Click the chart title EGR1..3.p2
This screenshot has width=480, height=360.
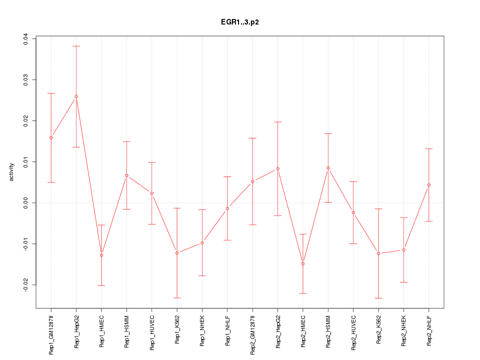coord(239,22)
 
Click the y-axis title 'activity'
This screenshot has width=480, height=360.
coord(12,172)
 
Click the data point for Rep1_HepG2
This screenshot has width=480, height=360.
coord(76,96)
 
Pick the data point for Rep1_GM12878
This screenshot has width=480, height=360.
coord(51,137)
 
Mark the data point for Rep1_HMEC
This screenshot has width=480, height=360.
coord(101,255)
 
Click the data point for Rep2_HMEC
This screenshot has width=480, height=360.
coord(303,263)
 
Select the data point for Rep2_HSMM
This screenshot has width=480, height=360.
coord(328,168)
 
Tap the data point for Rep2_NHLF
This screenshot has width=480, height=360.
coord(429,185)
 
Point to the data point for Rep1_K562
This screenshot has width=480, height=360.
coord(177,253)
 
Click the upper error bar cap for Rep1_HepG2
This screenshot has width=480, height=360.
coord(76,46)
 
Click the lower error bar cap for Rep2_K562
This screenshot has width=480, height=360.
coord(378,298)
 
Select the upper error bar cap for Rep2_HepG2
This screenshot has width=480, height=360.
coord(277,122)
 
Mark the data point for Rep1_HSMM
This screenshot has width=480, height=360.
coord(126,175)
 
